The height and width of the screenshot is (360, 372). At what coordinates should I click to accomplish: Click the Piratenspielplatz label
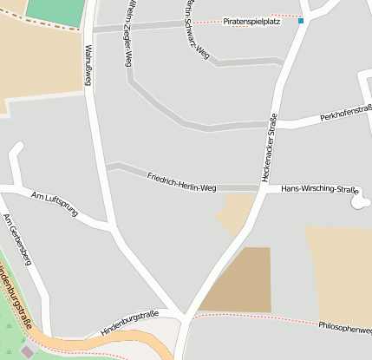tap(245, 21)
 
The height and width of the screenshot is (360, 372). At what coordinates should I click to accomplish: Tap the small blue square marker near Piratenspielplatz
tap(301, 21)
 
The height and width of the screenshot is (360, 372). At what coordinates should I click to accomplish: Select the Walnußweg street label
tap(88, 65)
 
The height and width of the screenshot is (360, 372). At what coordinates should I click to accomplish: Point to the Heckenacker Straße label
tap(269, 147)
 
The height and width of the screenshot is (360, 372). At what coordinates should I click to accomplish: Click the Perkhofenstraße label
tap(345, 116)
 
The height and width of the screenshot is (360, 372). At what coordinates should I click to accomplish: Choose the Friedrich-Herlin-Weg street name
tap(181, 180)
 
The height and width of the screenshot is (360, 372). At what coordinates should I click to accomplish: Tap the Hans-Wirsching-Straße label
tap(320, 189)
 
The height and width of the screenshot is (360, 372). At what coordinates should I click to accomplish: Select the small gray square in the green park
tap(26, 351)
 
